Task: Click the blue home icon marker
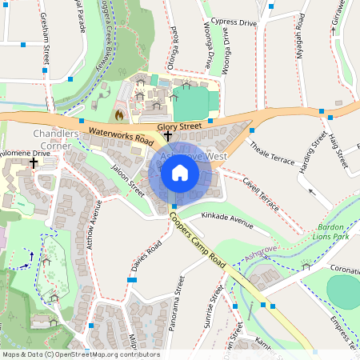click(x=180, y=173)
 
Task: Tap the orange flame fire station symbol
click(x=119, y=115)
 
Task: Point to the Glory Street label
click(x=180, y=126)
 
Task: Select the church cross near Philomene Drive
click(x=34, y=162)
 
